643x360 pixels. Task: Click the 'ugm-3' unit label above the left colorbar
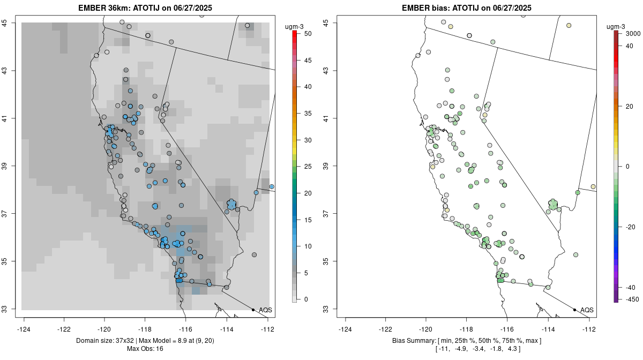295,26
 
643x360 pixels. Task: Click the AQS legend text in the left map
265,310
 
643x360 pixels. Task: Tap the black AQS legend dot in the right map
574,310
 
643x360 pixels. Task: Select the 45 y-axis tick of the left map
11,22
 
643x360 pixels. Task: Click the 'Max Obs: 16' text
145,349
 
